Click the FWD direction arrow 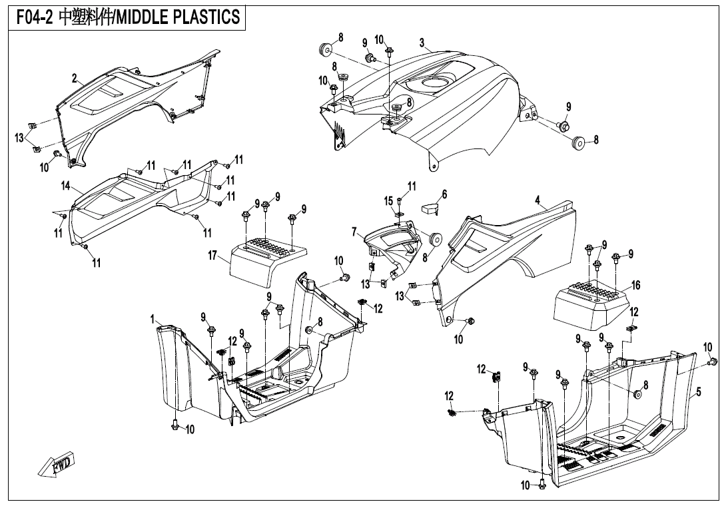click(56, 464)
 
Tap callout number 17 click(213, 255)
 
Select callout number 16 click(636, 285)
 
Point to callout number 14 click(66, 186)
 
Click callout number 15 click(388, 200)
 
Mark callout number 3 click(422, 43)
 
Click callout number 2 click(75, 79)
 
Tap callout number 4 click(538, 199)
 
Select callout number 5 click(698, 392)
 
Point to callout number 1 click(153, 320)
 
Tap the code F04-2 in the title click(33, 17)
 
